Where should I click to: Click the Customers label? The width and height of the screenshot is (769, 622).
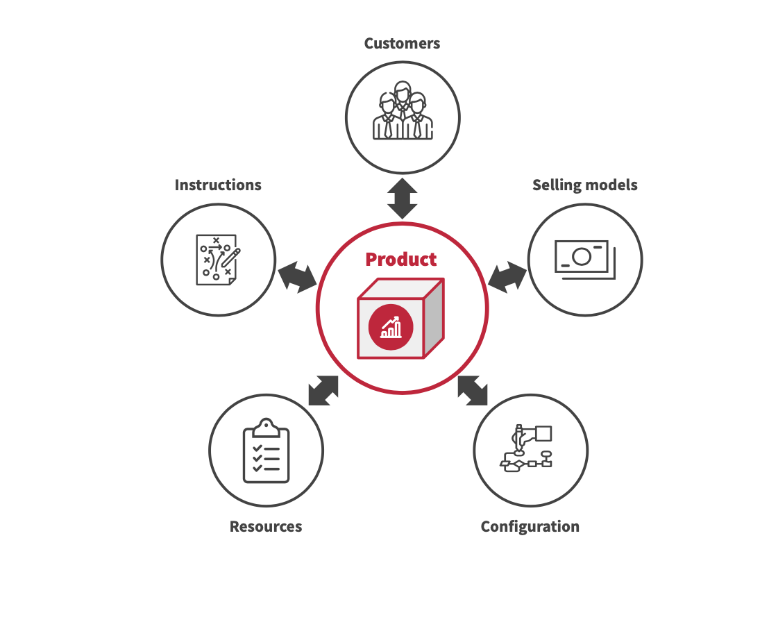402,44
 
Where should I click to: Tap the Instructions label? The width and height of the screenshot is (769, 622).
218,185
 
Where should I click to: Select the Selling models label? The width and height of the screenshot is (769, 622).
584,185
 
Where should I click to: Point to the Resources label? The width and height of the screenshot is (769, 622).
266,527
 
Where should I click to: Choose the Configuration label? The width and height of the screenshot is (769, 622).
530,527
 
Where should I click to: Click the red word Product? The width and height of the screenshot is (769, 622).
401,260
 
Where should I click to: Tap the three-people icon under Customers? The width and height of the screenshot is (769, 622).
403,112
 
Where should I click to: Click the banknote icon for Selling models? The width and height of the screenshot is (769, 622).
582,259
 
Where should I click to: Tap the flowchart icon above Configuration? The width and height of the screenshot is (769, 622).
530,449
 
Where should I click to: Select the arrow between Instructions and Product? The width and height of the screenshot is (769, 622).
297,276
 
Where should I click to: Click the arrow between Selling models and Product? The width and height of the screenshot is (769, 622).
507,276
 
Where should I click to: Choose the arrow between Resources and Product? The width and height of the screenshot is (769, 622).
323,390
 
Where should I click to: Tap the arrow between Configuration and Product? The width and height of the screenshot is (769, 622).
473,390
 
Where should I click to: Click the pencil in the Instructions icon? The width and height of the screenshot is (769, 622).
231,257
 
